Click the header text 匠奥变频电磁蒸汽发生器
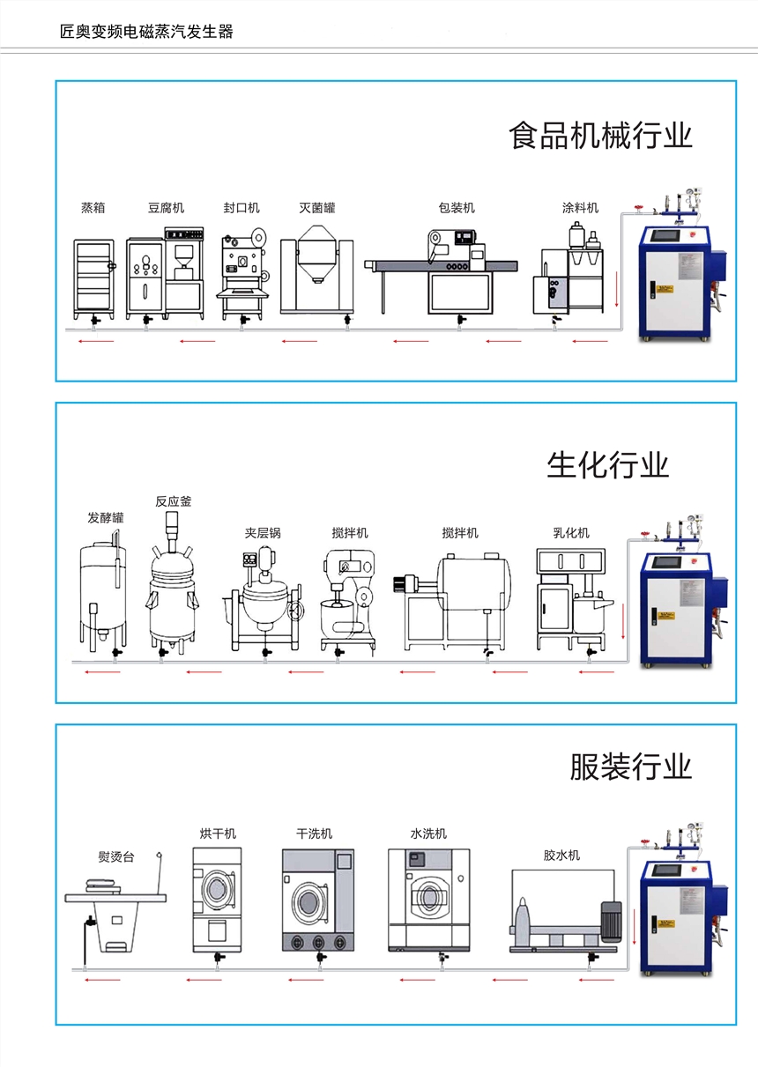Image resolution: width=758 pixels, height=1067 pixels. [146, 33]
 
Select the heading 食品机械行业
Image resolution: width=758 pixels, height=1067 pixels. [600, 137]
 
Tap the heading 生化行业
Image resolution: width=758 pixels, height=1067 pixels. [607, 464]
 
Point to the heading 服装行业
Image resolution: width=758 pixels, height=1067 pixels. [630, 767]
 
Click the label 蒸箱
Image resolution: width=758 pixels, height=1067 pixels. [93, 208]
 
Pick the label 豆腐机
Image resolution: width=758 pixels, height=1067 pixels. [166, 208]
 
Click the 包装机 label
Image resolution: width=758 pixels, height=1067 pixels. [457, 208]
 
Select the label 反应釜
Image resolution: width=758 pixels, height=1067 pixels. [173, 501]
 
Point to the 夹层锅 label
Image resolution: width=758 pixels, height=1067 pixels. [263, 533]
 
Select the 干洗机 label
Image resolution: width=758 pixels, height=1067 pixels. [314, 834]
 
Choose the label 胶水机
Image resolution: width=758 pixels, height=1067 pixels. [561, 855]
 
